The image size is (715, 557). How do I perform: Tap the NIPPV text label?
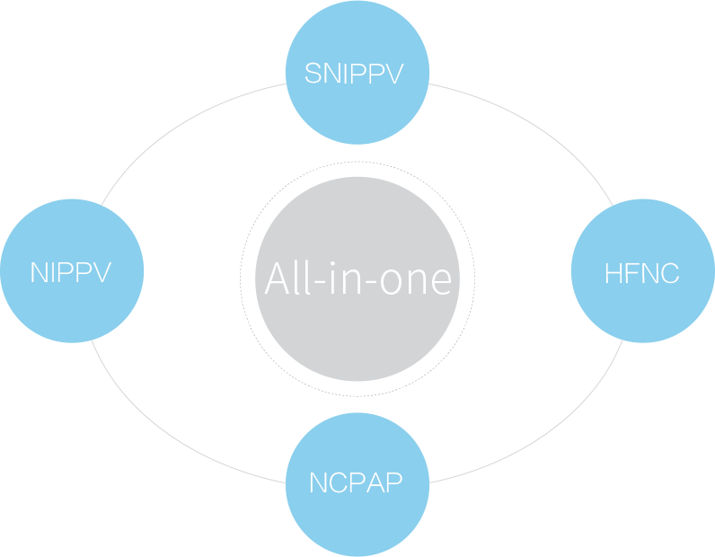pos(71,272)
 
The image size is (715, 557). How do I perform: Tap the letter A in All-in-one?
pos(278,279)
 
